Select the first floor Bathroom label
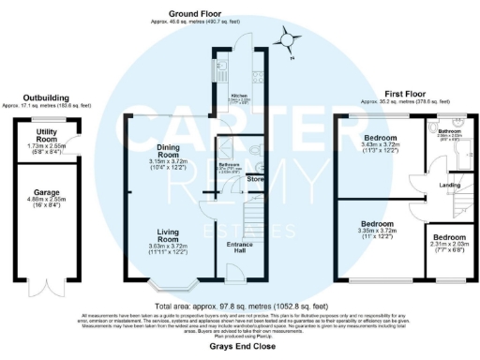(450, 132)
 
